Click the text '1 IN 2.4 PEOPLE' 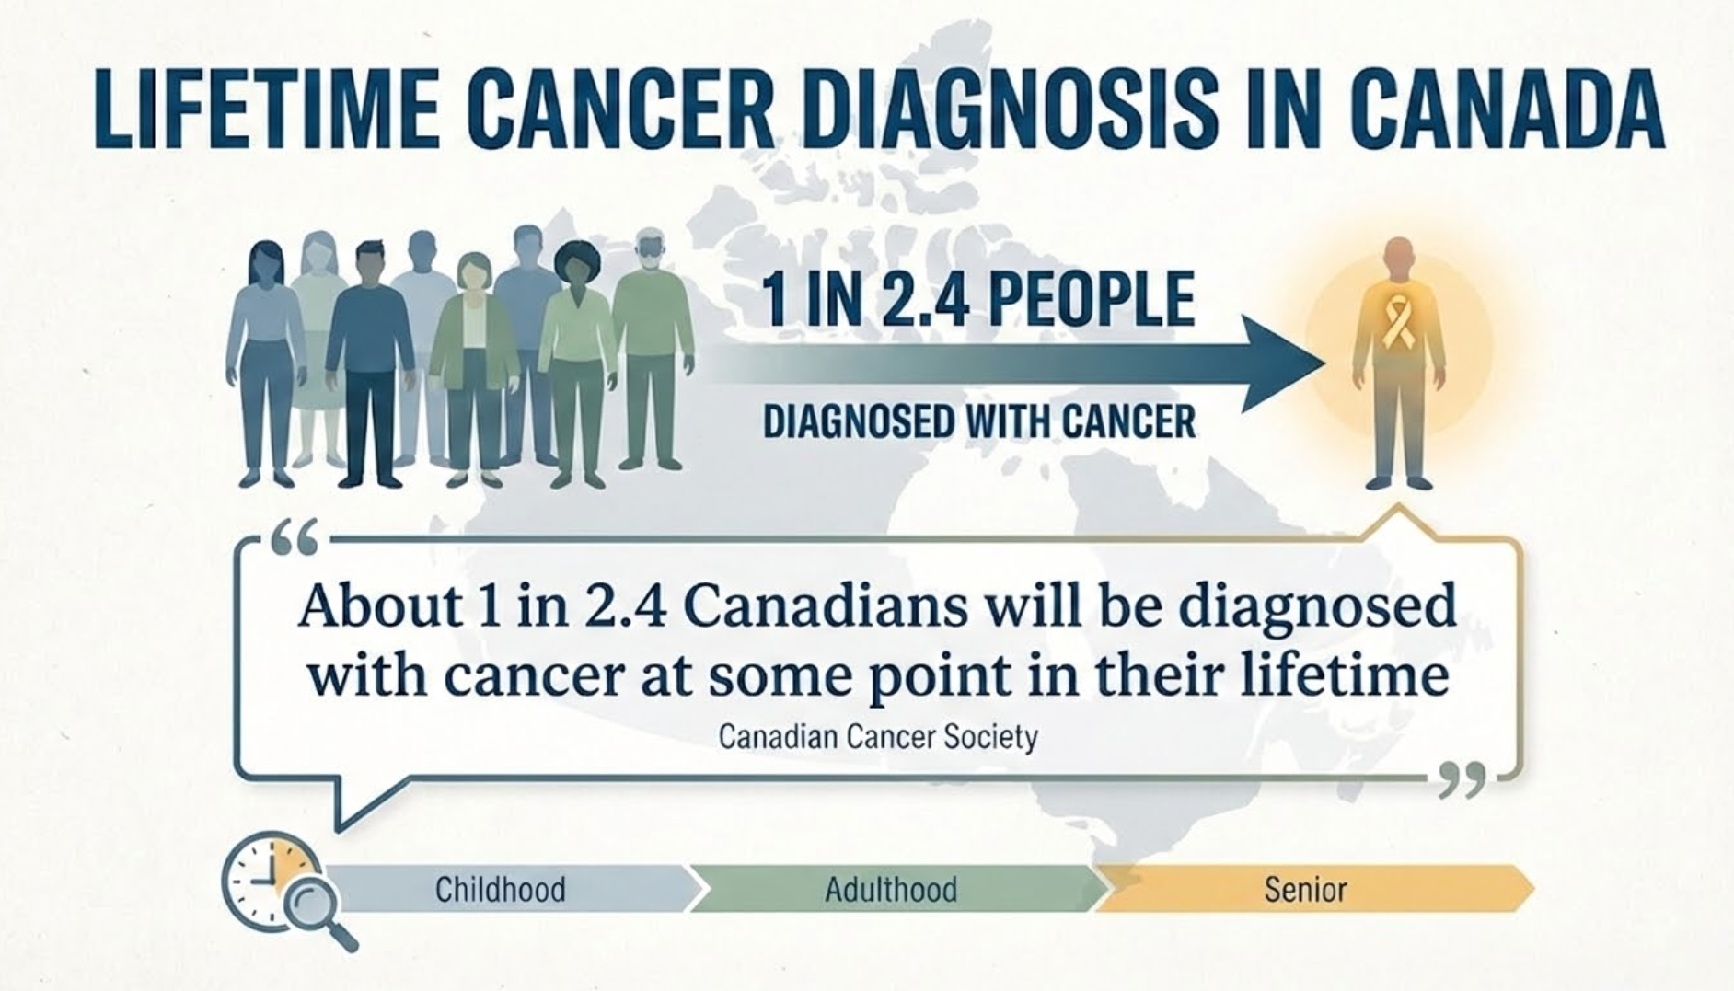pyautogui.click(x=977, y=300)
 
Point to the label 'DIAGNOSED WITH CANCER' pyautogui.click(x=979, y=422)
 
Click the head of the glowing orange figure pyautogui.click(x=1399, y=255)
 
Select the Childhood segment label pyautogui.click(x=500, y=889)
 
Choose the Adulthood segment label pyautogui.click(x=890, y=889)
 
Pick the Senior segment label pyautogui.click(x=1305, y=889)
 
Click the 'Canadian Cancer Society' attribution pyautogui.click(x=877, y=737)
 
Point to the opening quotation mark pyautogui.click(x=294, y=536)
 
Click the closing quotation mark pyautogui.click(x=1462, y=779)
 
